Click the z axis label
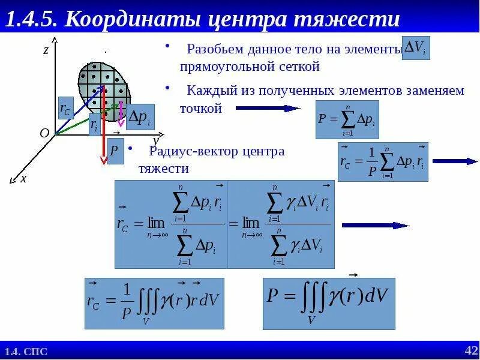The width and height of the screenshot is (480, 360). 46,50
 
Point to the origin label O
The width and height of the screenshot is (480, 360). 44,133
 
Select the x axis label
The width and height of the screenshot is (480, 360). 23,178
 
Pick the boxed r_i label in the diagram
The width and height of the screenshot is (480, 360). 94,125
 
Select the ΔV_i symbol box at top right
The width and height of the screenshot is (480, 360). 415,49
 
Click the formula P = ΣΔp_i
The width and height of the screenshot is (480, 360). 347,119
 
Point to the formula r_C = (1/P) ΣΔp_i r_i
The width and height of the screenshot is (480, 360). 383,162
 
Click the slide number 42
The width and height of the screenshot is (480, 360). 471,350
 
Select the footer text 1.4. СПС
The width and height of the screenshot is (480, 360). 26,352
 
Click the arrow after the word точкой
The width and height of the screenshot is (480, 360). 267,109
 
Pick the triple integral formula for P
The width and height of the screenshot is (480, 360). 329,303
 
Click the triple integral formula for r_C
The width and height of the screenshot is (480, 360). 154,303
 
